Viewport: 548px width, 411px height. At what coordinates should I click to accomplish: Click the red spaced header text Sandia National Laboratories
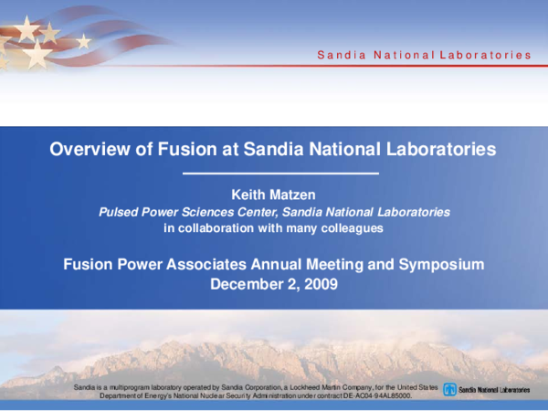pos(424,55)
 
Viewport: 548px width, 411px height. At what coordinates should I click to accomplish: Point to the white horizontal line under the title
pos(273,173)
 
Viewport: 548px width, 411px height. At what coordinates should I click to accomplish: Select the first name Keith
pos(254,194)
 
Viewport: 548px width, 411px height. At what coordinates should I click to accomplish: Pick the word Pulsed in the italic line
pos(120,211)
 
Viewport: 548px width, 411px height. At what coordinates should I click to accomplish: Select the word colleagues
pos(352,227)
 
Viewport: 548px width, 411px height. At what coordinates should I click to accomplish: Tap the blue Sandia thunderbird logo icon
pos(449,390)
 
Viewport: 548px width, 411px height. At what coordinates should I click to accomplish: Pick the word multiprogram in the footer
pos(134,388)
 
